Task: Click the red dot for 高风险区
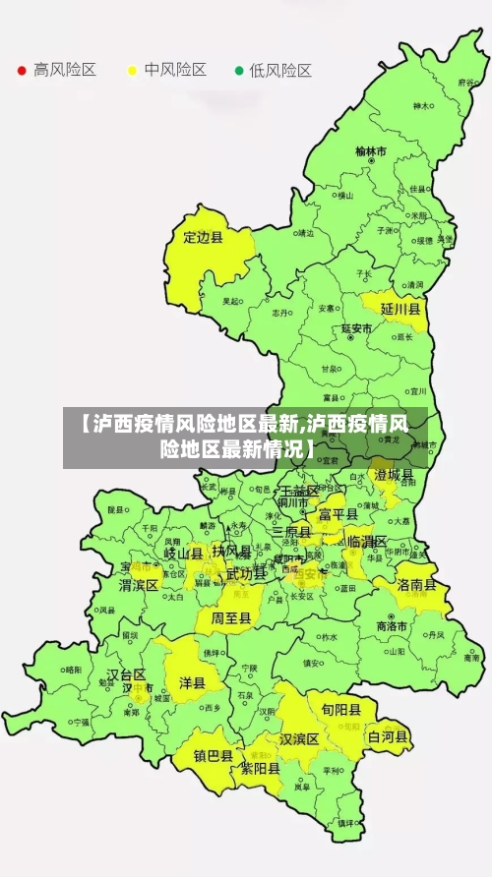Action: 21,71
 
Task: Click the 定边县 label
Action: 204,237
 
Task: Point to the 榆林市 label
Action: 371,151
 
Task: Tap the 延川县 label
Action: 400,309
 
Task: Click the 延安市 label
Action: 356,328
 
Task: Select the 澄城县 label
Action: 394,475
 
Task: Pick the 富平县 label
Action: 338,513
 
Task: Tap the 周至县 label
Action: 231,618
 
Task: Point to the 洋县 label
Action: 192,681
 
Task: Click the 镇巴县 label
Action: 213,756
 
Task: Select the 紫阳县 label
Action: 260,769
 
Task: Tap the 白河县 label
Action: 388,735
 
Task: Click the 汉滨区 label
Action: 300,738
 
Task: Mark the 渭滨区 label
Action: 139,585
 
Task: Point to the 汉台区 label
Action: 126,674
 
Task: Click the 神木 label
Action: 421,105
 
